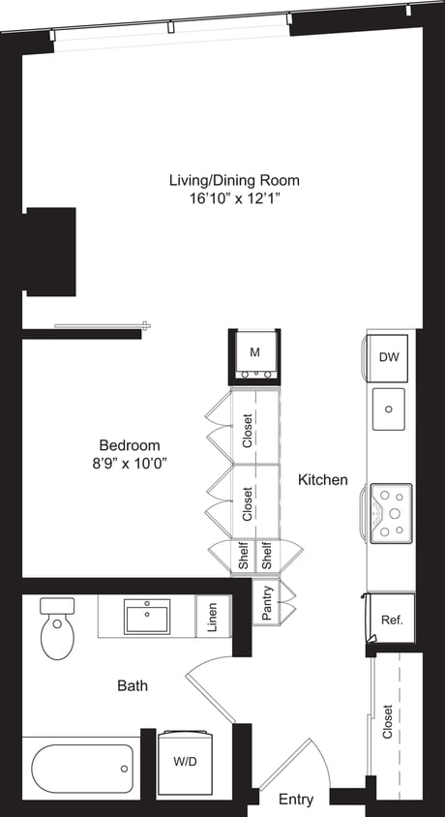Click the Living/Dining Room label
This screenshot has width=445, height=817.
click(234, 180)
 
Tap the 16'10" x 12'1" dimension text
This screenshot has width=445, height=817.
click(234, 199)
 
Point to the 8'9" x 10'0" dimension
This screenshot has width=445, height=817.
click(124, 464)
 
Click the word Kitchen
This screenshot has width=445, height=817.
click(322, 479)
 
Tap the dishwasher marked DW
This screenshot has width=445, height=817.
click(389, 357)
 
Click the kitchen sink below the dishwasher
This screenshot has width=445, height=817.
click(390, 409)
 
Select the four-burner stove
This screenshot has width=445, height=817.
click(391, 513)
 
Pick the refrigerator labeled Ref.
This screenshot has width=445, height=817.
click(391, 620)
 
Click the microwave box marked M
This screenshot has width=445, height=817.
click(254, 352)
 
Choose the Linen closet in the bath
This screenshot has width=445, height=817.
click(212, 619)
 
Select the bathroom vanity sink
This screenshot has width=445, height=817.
click(147, 617)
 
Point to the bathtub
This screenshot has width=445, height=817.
click(81, 771)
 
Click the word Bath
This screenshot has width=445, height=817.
click(133, 686)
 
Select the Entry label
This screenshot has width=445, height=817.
click(296, 800)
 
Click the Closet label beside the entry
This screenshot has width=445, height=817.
click(389, 720)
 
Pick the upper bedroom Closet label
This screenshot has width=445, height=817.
click(248, 430)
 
